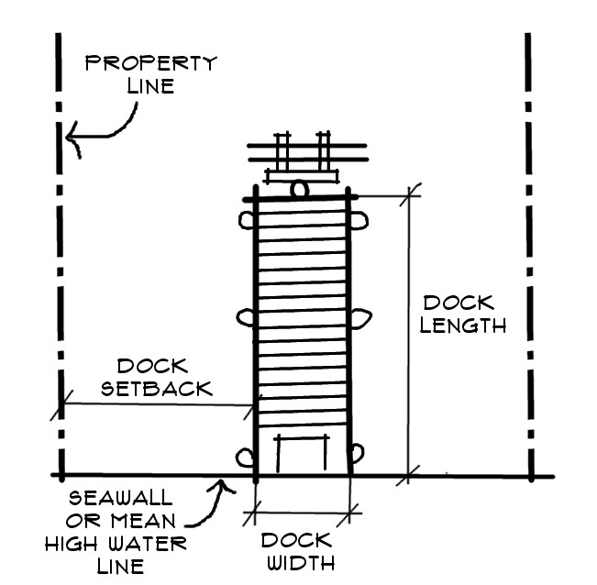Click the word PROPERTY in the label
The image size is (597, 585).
point(150,63)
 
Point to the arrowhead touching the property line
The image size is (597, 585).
point(72,140)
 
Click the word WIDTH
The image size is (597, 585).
point(295,562)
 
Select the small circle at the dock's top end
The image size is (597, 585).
point(298,190)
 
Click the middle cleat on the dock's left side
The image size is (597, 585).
point(246,317)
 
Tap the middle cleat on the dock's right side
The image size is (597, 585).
point(360,317)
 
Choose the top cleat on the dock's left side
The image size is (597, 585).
point(247,220)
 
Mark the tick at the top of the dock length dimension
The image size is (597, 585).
point(409,194)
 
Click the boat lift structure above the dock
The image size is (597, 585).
point(302,156)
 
